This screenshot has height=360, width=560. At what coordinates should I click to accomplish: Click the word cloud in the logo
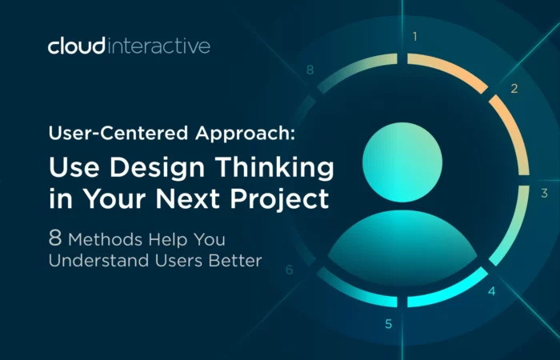[77, 46]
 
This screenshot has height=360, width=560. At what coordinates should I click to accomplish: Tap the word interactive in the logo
[158, 46]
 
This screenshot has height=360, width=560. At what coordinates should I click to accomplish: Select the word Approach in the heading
[246, 134]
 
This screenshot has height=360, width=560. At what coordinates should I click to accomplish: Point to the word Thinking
[274, 167]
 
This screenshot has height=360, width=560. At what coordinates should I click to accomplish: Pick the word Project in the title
[280, 198]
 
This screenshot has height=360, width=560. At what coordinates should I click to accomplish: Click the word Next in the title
[187, 198]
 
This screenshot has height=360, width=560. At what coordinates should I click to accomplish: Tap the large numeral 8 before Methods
[55, 238]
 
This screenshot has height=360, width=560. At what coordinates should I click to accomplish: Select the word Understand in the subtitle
[99, 260]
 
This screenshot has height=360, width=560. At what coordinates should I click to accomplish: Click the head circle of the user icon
[402, 162]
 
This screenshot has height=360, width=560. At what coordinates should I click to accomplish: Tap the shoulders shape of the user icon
[402, 247]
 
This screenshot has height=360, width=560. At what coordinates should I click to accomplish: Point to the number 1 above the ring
[414, 37]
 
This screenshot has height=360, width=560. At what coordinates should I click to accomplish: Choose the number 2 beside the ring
[514, 88]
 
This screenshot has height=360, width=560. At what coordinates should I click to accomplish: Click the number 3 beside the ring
[544, 194]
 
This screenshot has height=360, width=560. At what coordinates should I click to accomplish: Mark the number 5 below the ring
[389, 324]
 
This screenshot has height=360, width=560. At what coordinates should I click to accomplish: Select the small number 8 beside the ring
[310, 70]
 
